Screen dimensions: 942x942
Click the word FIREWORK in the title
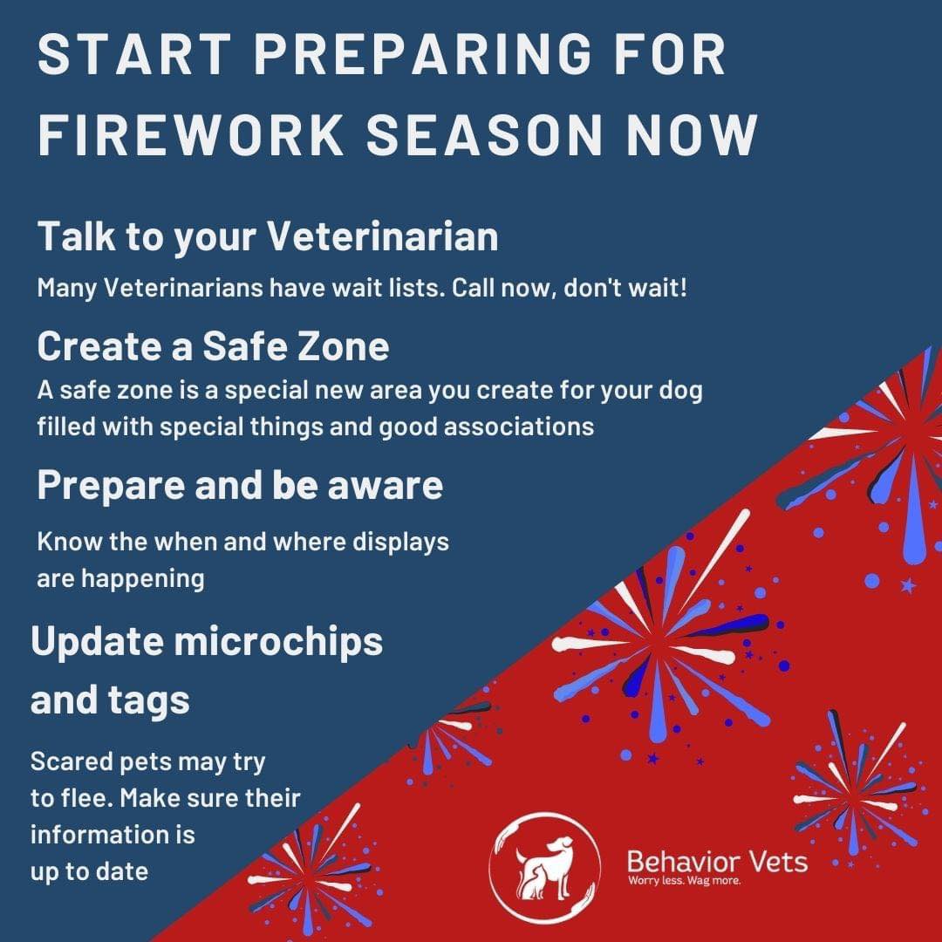pos(190,134)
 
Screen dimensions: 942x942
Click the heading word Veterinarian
pos(382,235)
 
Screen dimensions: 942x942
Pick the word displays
pos(400,543)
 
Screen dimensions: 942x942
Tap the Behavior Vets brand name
pos(717,862)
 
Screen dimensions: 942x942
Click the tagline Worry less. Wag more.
pos(684,881)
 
